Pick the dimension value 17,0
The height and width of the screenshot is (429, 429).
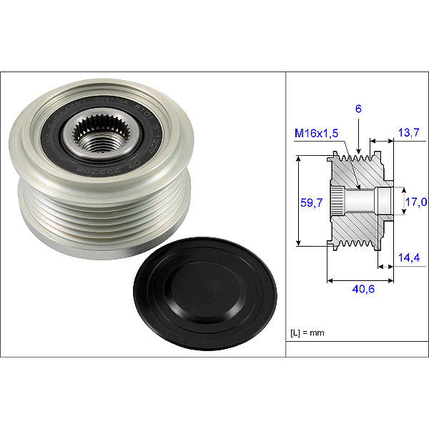coord(415,202)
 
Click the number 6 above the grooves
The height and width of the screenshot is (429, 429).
coord(357,109)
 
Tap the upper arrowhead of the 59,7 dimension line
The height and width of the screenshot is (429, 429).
coord(297,157)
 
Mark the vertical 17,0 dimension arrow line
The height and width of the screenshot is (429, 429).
coord(403,202)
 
